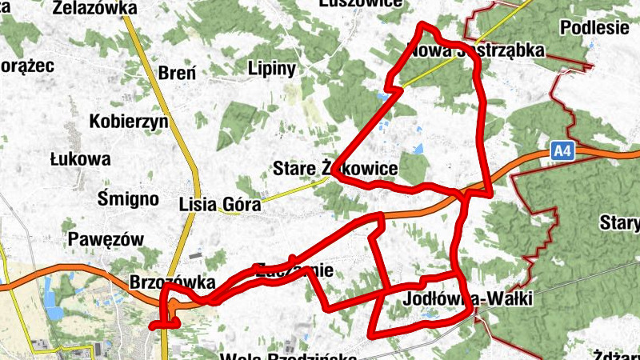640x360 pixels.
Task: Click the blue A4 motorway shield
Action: tap(563, 149)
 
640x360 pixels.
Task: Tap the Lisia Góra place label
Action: tap(220, 204)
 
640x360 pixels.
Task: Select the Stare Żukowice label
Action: tap(335, 169)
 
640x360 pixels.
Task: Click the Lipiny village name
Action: tap(272, 67)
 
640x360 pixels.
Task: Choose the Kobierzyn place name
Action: tap(128, 122)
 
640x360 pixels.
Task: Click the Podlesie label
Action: tap(594, 27)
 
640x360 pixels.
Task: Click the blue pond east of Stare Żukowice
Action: tap(418, 148)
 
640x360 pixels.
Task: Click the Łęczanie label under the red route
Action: tap(293, 270)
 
